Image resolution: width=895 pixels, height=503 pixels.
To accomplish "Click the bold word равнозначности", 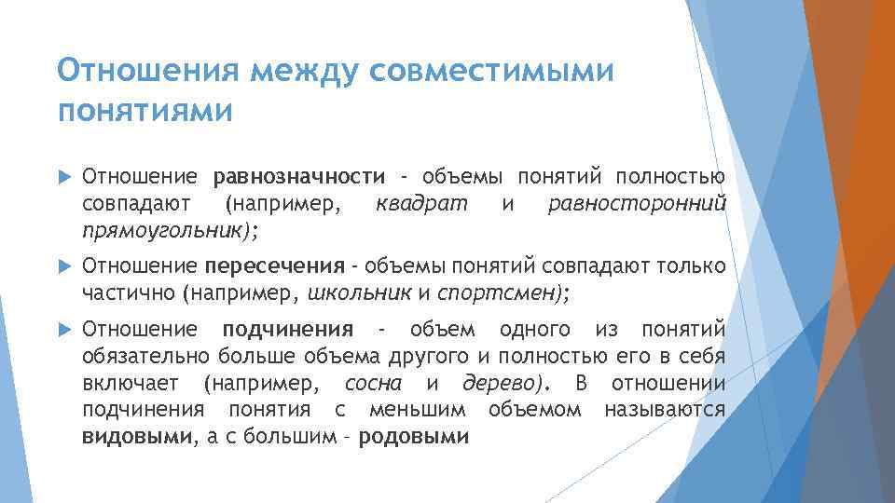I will pos(298,177).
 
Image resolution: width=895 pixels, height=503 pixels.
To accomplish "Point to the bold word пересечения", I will pos(275,267).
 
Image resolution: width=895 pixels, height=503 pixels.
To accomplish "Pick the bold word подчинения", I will pos(287,329).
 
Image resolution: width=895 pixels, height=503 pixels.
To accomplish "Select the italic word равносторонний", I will pos(637,203).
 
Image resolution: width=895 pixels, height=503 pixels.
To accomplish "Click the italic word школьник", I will pos(358,293).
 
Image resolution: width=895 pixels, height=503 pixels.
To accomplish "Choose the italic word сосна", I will pos(373,383).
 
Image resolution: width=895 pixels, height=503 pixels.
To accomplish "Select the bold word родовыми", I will pos(413,436).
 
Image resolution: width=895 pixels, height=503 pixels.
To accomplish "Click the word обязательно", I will pos(146,356).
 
